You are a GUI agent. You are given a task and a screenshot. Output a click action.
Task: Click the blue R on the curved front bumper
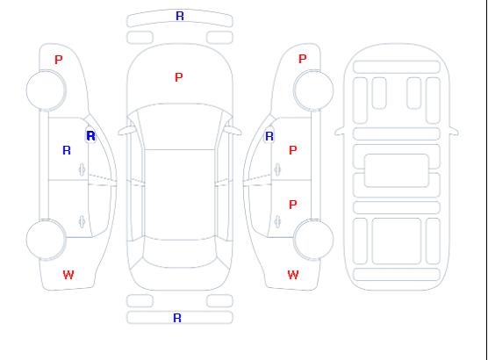pyautogui.click(x=180, y=16)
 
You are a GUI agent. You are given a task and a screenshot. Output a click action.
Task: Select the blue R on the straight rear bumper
pyautogui.click(x=177, y=318)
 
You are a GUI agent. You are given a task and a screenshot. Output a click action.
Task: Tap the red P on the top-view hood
pyautogui.click(x=179, y=77)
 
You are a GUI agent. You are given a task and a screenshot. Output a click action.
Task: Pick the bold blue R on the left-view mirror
pyautogui.click(x=91, y=136)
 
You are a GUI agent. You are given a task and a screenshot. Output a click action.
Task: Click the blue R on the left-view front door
pyautogui.click(x=67, y=150)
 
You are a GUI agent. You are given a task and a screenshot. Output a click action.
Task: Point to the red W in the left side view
pyautogui.click(x=68, y=275)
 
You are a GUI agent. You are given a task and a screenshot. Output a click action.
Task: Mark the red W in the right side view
pyautogui.click(x=293, y=275)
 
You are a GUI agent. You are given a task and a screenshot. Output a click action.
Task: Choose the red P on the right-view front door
pyautogui.click(x=292, y=150)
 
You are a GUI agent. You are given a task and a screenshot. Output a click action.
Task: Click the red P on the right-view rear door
pyautogui.click(x=292, y=205)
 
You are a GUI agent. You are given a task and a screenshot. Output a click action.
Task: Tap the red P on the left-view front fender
pyautogui.click(x=59, y=60)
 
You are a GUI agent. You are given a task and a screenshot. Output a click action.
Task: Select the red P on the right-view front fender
pyautogui.click(x=303, y=59)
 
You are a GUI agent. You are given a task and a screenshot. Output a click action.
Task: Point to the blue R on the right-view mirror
pyautogui.click(x=269, y=136)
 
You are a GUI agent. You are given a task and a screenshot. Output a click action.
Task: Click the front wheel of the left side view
pyautogui.click(x=46, y=90)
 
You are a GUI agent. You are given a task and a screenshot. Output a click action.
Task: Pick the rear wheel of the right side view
pyautogui.click(x=313, y=239)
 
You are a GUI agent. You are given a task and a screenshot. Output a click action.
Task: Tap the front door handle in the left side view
pyautogui.click(x=83, y=169)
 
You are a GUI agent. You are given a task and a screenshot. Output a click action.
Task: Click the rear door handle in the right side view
pyautogui.click(x=277, y=222)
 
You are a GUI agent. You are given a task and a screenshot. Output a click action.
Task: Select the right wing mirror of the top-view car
pyautogui.click(x=233, y=130)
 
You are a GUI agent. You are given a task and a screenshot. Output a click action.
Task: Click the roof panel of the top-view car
pyautogui.click(x=180, y=195)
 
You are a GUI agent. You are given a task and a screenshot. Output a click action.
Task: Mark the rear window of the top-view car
pyautogui.click(x=180, y=254)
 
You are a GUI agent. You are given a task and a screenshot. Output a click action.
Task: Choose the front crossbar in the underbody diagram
pyautogui.click(x=397, y=68)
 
